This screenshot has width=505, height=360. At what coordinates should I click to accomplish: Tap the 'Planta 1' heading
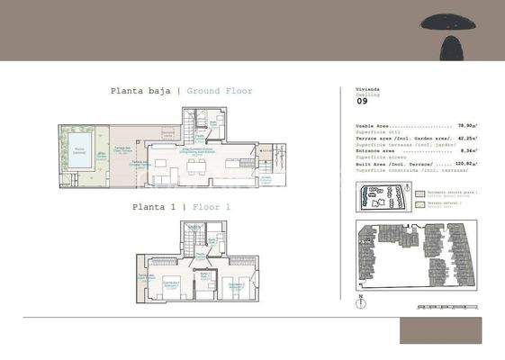tap(154, 207)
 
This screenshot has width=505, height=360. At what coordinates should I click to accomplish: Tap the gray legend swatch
tap(419, 193)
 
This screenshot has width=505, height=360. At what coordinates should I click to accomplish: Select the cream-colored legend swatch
tap(419, 205)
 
